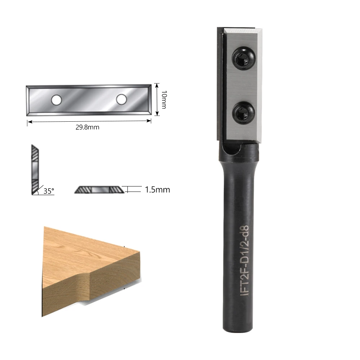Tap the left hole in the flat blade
(56, 100)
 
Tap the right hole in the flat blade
(121, 99)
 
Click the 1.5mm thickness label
(157, 189)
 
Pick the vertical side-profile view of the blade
(35, 169)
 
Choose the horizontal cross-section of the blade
(99, 189)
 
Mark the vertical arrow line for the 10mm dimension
(157, 99)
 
